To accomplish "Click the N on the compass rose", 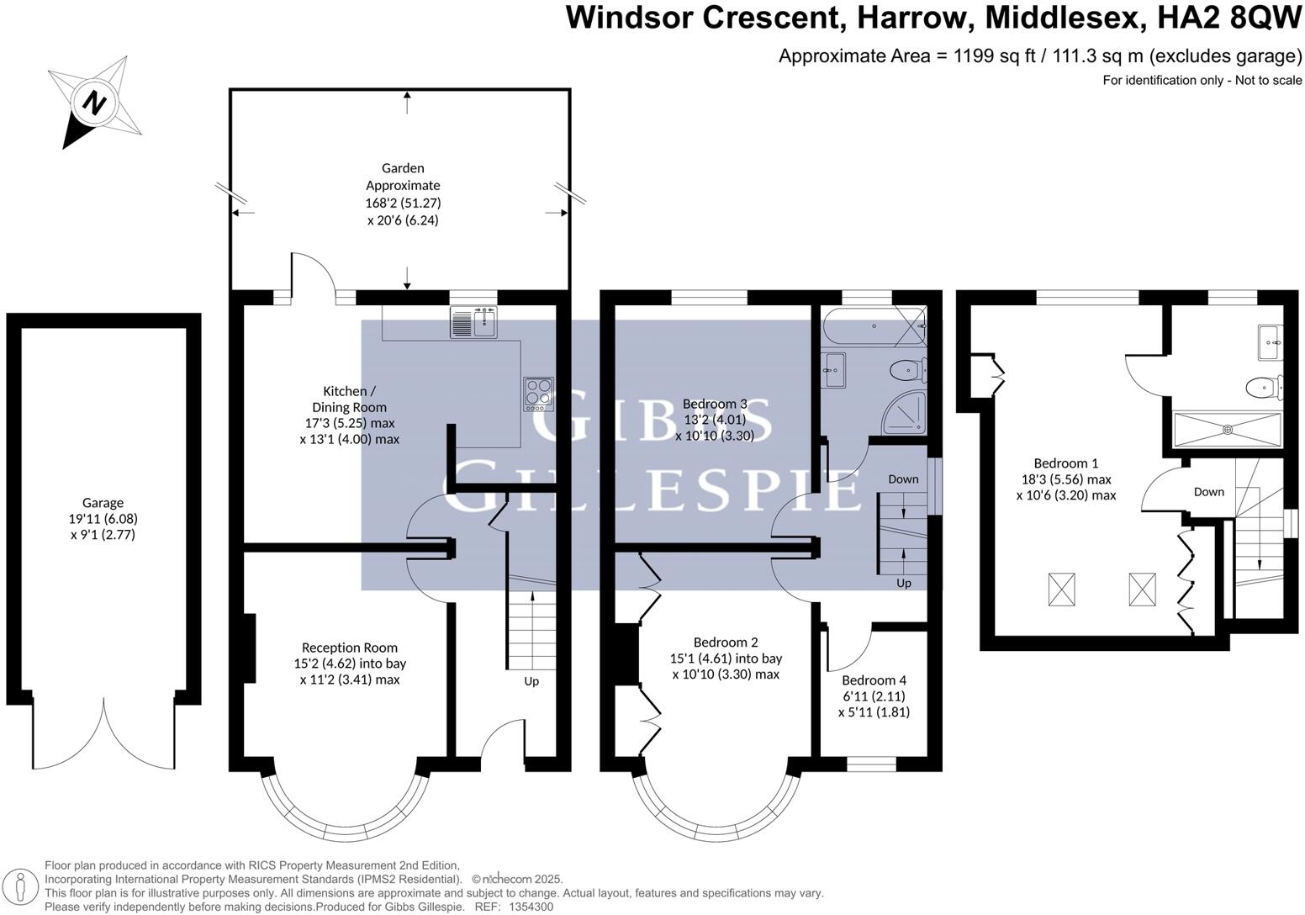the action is click(94, 103).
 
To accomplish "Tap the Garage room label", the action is click(103, 502).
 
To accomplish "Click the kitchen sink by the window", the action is click(473, 322).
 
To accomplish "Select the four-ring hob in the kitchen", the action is click(538, 394).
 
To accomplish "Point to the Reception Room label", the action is click(350, 648).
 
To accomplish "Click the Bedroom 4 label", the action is click(874, 680).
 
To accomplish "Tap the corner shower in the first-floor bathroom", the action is click(904, 413).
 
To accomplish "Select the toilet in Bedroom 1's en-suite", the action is click(1265, 387).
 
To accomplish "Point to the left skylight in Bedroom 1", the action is click(1061, 590).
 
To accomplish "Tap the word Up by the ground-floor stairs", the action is click(531, 681).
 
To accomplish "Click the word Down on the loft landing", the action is click(1209, 492).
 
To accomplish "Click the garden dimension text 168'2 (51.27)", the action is click(403, 203).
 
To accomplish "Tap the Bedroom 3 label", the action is click(715, 404).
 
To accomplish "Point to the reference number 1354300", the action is click(531, 907).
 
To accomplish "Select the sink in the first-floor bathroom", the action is click(835, 370).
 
